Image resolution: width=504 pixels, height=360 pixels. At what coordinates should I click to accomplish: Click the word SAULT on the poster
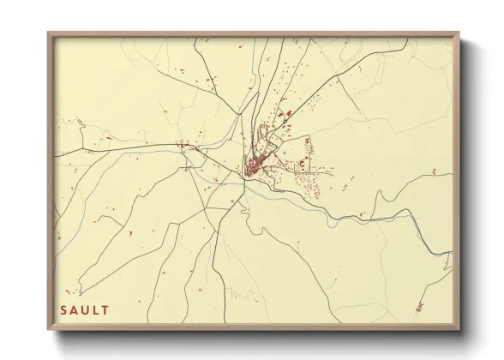84,309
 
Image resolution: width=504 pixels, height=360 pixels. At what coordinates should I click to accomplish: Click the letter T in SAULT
105,309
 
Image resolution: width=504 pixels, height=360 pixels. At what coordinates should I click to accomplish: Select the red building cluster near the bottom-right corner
419,307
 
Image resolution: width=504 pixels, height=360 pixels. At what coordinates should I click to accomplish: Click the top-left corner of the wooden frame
48,33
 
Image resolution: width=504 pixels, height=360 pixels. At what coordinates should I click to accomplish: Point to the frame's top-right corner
459,33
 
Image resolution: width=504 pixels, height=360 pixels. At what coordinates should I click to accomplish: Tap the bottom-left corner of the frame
48,329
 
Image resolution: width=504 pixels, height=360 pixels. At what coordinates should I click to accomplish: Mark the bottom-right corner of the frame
459,329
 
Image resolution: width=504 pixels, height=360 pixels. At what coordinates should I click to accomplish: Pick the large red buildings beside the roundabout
289,113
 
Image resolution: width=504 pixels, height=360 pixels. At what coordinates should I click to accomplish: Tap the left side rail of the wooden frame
49,180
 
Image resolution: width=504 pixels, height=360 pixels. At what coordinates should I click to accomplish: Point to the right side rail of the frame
458,180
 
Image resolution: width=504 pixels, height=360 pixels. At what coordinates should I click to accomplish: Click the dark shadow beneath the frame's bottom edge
257,335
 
